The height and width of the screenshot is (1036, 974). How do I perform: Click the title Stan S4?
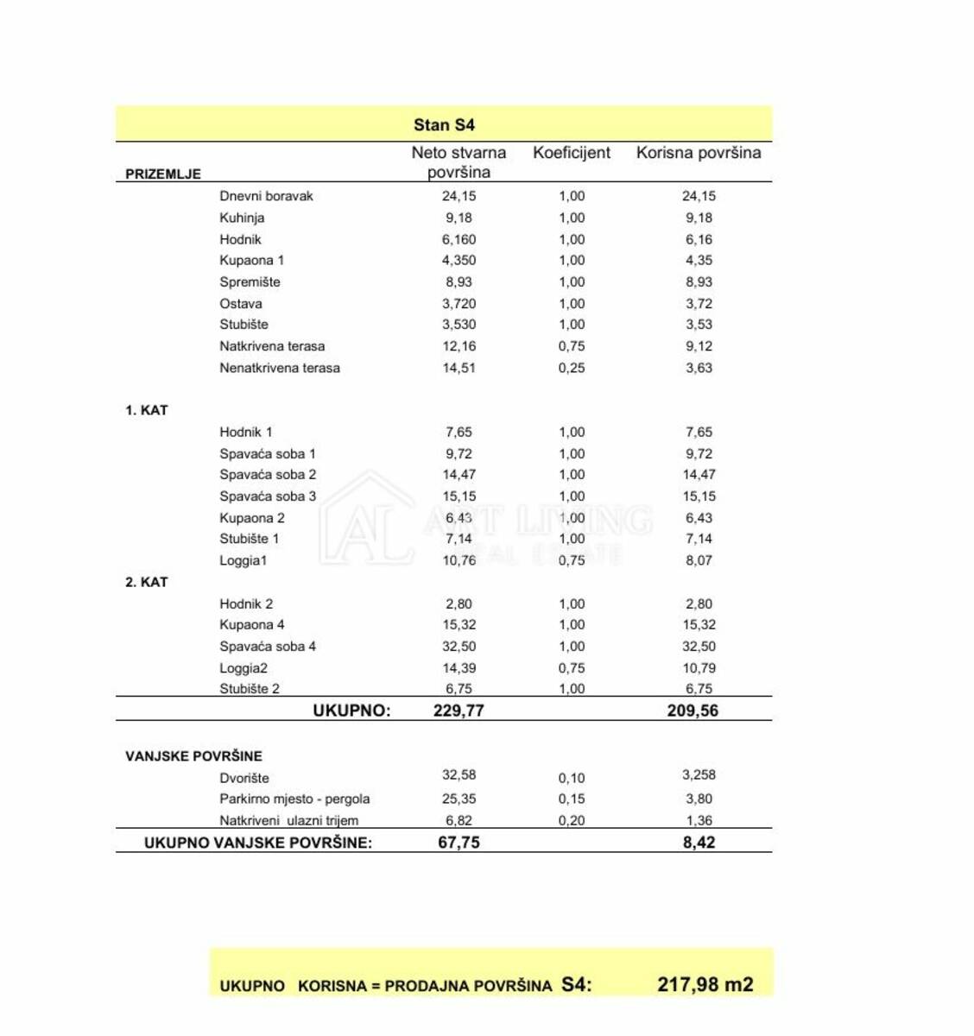444,125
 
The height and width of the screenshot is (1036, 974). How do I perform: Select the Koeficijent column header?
571,153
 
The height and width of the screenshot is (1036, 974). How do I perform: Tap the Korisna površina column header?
699,153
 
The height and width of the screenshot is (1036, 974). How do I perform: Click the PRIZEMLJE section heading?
163,174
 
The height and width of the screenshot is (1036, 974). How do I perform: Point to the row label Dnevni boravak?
266,196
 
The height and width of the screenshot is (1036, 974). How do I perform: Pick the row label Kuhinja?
242,218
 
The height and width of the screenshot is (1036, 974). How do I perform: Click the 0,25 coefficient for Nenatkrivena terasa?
571,368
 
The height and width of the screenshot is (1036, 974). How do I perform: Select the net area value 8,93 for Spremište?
459,281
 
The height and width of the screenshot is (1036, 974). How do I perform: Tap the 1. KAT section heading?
147,410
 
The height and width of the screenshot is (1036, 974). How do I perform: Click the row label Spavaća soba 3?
268,496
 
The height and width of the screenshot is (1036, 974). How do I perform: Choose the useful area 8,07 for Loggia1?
699,560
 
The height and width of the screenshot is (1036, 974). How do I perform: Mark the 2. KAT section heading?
147,582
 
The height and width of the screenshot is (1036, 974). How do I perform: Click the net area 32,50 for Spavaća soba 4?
459,646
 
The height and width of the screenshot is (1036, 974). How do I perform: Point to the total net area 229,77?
459,711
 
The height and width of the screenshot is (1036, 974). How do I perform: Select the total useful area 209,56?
693,711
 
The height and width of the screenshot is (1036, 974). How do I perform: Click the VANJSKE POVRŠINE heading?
193,756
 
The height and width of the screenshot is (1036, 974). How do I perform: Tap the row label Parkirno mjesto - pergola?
294,799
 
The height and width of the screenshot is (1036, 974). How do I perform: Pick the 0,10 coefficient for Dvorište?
571,778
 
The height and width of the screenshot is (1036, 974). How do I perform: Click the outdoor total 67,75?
459,843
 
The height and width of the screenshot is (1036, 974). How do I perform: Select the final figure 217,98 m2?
705,985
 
